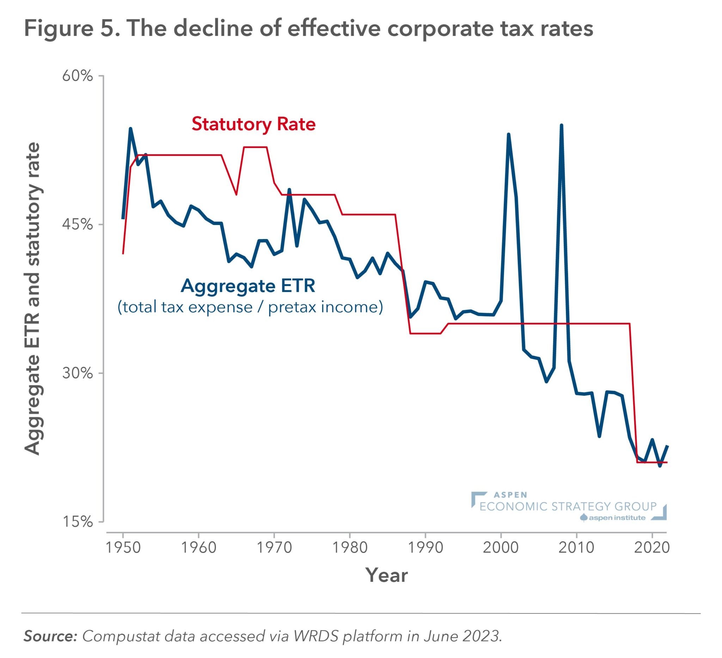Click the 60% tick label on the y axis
click(x=77, y=76)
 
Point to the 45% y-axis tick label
click(x=77, y=225)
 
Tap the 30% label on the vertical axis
click(x=77, y=373)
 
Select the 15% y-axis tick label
click(x=77, y=522)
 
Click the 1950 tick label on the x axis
click(x=123, y=547)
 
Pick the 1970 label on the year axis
click(x=274, y=547)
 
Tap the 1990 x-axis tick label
click(x=426, y=547)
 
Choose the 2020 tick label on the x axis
click(x=652, y=547)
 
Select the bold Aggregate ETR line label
click(x=248, y=286)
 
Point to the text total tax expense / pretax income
click(x=250, y=307)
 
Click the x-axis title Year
click(x=386, y=575)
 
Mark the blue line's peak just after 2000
click(x=509, y=134)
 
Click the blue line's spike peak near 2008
click(x=561, y=126)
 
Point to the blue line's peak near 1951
click(x=130, y=128)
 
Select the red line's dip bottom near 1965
click(x=236, y=195)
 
